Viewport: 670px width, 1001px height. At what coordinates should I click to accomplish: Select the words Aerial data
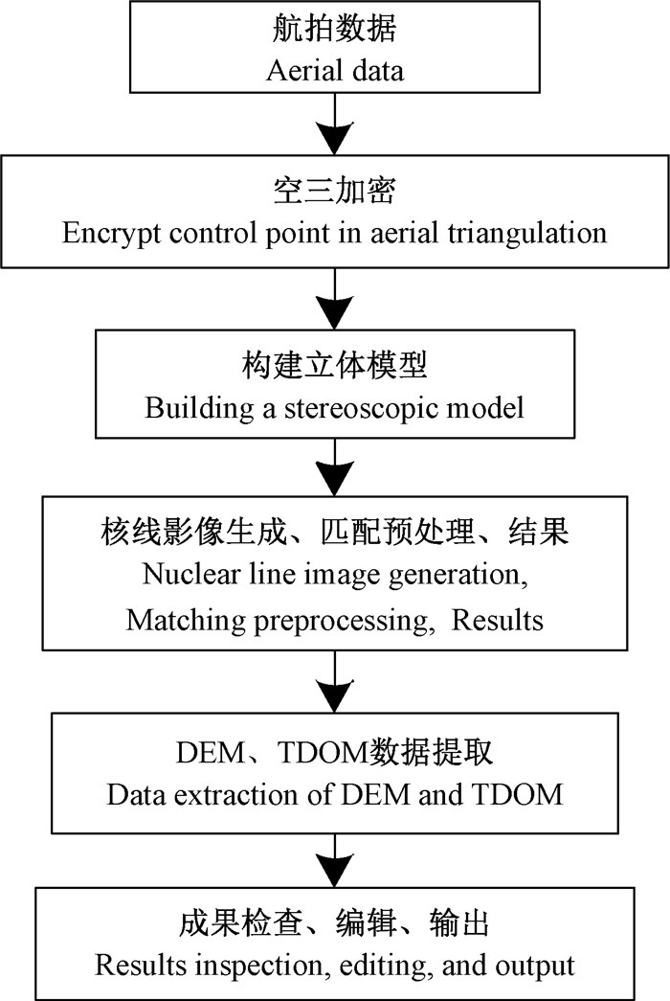[334, 69]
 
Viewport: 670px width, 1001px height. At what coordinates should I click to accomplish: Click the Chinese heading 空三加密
[334, 192]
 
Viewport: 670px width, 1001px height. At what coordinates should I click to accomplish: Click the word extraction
[230, 795]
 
